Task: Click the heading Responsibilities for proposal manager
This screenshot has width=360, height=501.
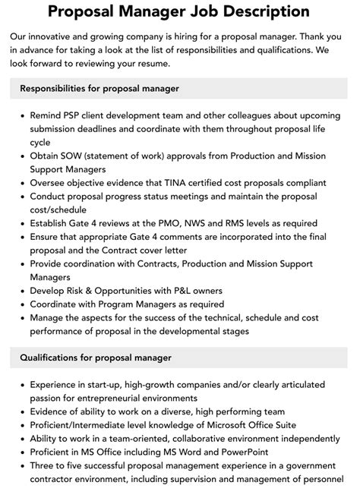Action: [100, 89]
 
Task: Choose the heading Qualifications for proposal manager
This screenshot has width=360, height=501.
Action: [96, 358]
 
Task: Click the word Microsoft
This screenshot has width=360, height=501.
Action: [233, 425]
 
